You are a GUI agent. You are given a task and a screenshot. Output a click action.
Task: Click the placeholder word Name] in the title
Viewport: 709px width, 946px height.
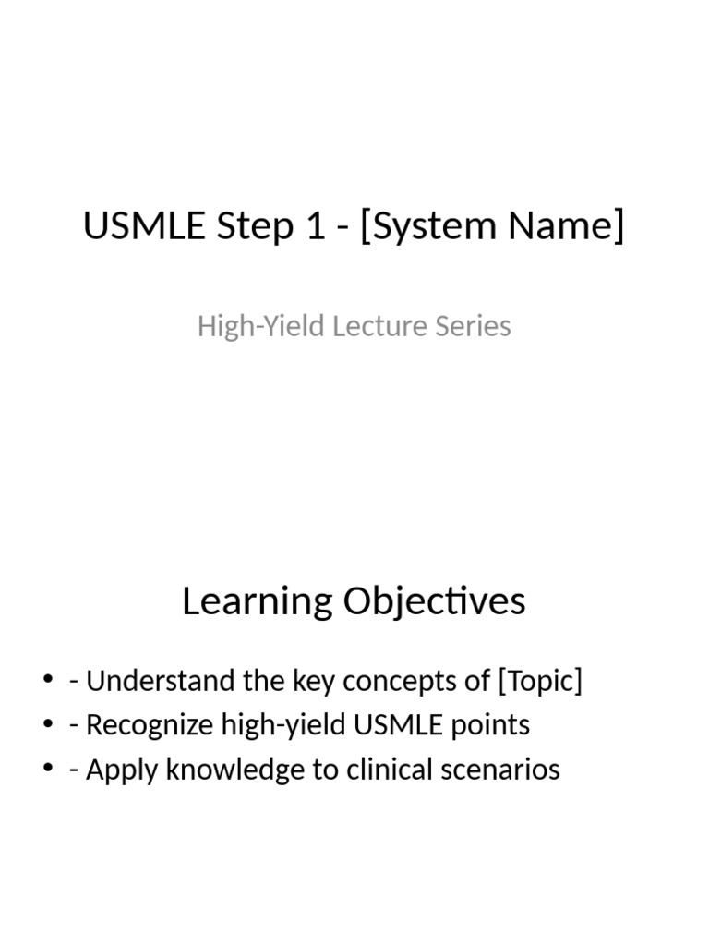571,226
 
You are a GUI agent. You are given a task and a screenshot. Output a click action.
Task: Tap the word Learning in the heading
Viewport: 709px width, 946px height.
258,601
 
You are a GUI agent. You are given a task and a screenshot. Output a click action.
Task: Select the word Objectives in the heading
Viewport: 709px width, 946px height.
435,601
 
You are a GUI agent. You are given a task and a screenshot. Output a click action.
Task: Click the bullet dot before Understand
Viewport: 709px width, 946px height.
48,682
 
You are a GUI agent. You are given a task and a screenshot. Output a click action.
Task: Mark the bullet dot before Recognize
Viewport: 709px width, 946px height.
48,725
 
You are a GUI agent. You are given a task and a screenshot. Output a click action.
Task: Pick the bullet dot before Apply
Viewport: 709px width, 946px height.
48,770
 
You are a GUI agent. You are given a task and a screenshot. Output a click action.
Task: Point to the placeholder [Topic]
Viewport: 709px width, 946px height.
540,682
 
